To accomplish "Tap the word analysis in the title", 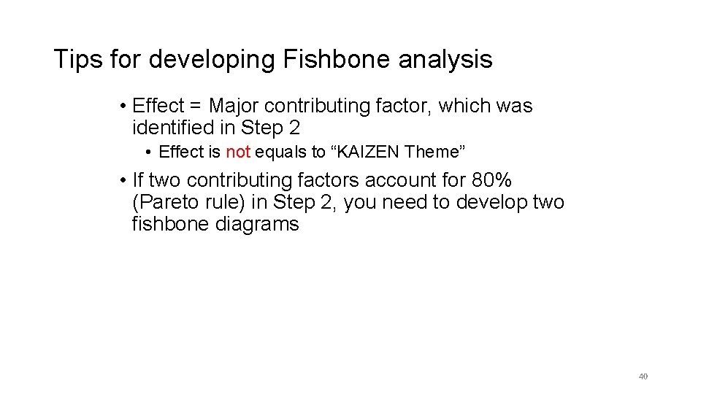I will click(445, 59).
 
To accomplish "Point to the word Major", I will click(237, 107).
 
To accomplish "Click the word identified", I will click(170, 128).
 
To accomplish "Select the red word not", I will click(238, 152).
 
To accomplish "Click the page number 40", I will click(643, 376).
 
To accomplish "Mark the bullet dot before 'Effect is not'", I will click(148, 152).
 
